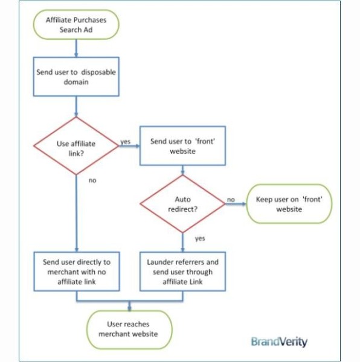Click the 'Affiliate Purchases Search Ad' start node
(76, 25)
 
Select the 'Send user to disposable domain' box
(76, 77)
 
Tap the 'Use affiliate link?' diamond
(76, 146)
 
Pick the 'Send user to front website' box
(182, 145)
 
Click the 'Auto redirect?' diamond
(182, 204)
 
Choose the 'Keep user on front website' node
(289, 204)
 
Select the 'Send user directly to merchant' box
(77, 271)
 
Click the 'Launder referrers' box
(182, 271)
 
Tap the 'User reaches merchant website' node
(129, 329)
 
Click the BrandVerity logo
(279, 341)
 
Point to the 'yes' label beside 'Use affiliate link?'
(125, 141)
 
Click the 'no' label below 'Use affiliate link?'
(92, 180)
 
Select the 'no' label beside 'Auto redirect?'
(231, 200)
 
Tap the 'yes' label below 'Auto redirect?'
(200, 238)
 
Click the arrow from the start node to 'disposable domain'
(76, 48)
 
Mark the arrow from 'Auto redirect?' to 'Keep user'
(236, 204)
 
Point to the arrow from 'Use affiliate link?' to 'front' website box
(129, 146)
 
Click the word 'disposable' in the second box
(98, 72)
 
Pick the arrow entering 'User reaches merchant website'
(129, 306)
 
